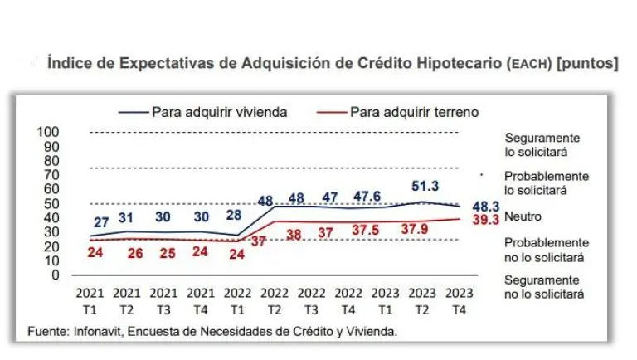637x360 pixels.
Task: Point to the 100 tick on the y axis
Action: (x=49, y=132)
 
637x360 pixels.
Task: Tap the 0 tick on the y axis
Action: (x=55, y=275)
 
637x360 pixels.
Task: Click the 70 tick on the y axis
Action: (x=51, y=175)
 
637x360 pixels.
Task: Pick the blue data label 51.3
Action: (x=424, y=187)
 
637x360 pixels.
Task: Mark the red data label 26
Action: (x=135, y=252)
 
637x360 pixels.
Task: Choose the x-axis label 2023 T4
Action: (x=459, y=299)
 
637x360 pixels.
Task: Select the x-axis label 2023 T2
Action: (x=422, y=299)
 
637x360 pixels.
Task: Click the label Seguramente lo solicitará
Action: (x=542, y=145)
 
